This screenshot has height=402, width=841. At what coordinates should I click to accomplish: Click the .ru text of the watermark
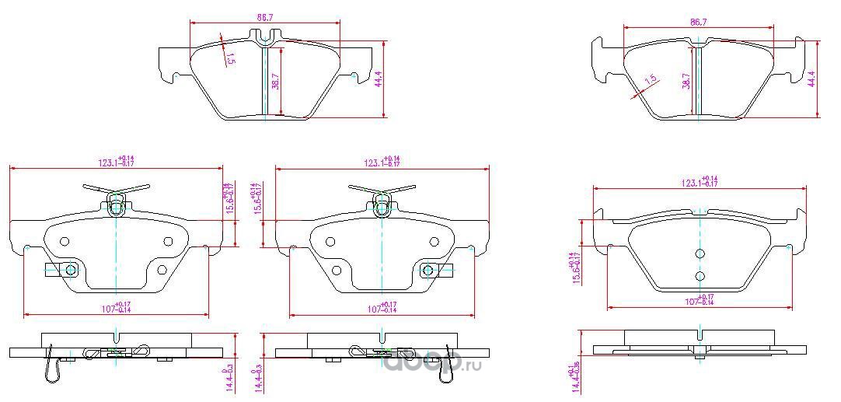coord(473,364)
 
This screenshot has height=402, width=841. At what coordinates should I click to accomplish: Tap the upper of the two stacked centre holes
coord(700,253)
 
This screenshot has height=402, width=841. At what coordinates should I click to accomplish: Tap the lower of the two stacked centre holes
coord(700,276)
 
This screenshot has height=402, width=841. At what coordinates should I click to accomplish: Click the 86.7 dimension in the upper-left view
coord(264,14)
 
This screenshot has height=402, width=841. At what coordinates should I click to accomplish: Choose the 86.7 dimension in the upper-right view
coord(698,23)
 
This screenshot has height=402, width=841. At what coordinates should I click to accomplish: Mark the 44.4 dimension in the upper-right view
coord(811,79)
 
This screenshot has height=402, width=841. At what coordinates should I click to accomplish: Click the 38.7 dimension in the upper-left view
coord(275,81)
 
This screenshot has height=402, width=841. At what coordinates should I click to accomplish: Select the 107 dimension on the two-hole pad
coord(699,300)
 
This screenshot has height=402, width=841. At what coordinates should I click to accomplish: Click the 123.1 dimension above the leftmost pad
coord(115,162)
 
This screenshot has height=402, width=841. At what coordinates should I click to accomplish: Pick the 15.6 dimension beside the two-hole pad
coord(577,269)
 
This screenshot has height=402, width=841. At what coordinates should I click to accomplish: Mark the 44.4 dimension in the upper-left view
coord(379,79)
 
